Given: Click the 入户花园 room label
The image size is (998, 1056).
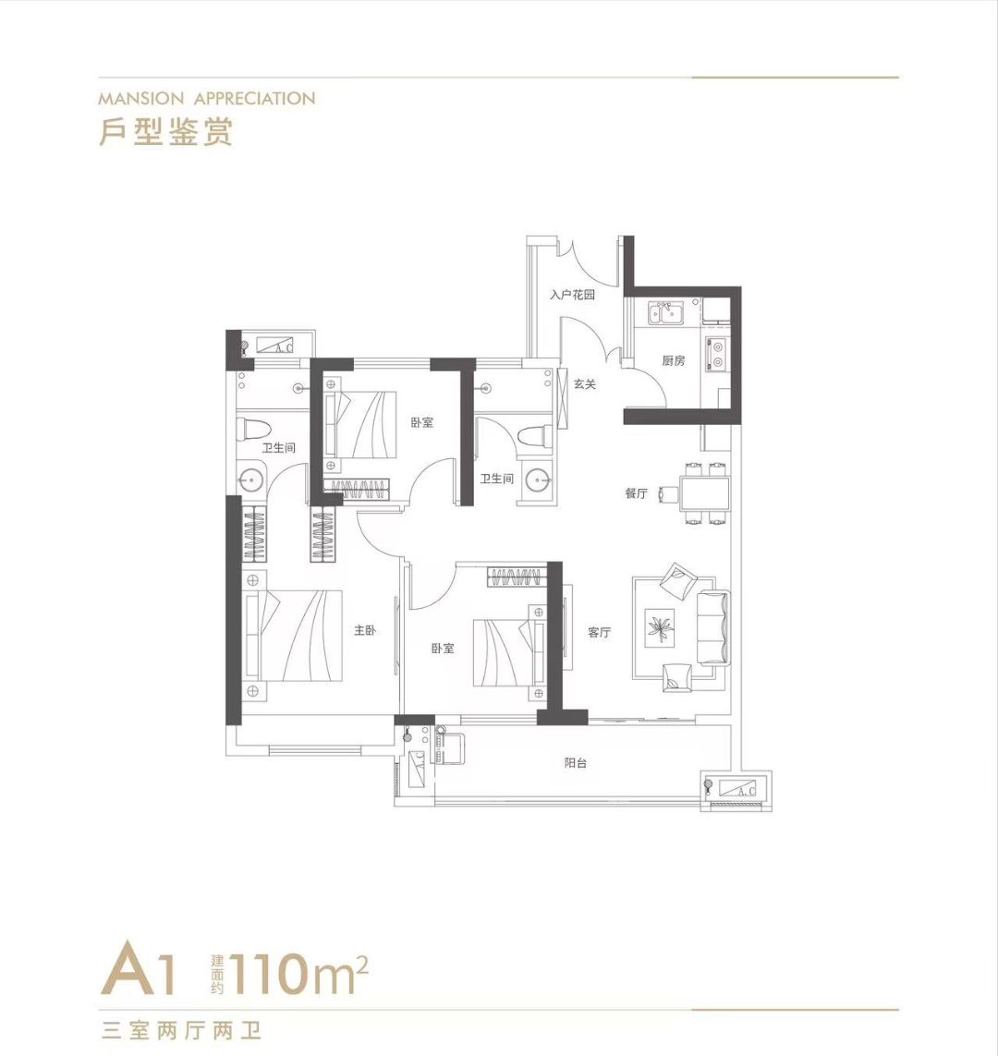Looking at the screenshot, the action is (572, 295).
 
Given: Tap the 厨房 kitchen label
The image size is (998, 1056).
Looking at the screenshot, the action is (673, 361).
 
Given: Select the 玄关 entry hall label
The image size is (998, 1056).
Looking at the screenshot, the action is (585, 384).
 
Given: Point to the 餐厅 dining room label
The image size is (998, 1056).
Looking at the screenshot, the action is (636, 493).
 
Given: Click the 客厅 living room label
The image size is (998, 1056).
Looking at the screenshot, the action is (599, 632).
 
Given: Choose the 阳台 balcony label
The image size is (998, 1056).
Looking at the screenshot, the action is (575, 763).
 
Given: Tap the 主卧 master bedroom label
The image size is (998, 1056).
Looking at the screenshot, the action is (365, 630).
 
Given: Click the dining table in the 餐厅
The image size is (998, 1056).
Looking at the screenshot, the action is (704, 493).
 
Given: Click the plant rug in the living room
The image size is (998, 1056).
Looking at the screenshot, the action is (660, 628).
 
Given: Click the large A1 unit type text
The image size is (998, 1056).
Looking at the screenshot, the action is (140, 971).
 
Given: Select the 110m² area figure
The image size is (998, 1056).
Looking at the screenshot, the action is (299, 974).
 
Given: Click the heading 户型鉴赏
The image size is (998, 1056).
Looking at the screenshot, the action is (165, 131).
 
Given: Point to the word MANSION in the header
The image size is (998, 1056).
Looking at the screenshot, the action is (140, 99).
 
